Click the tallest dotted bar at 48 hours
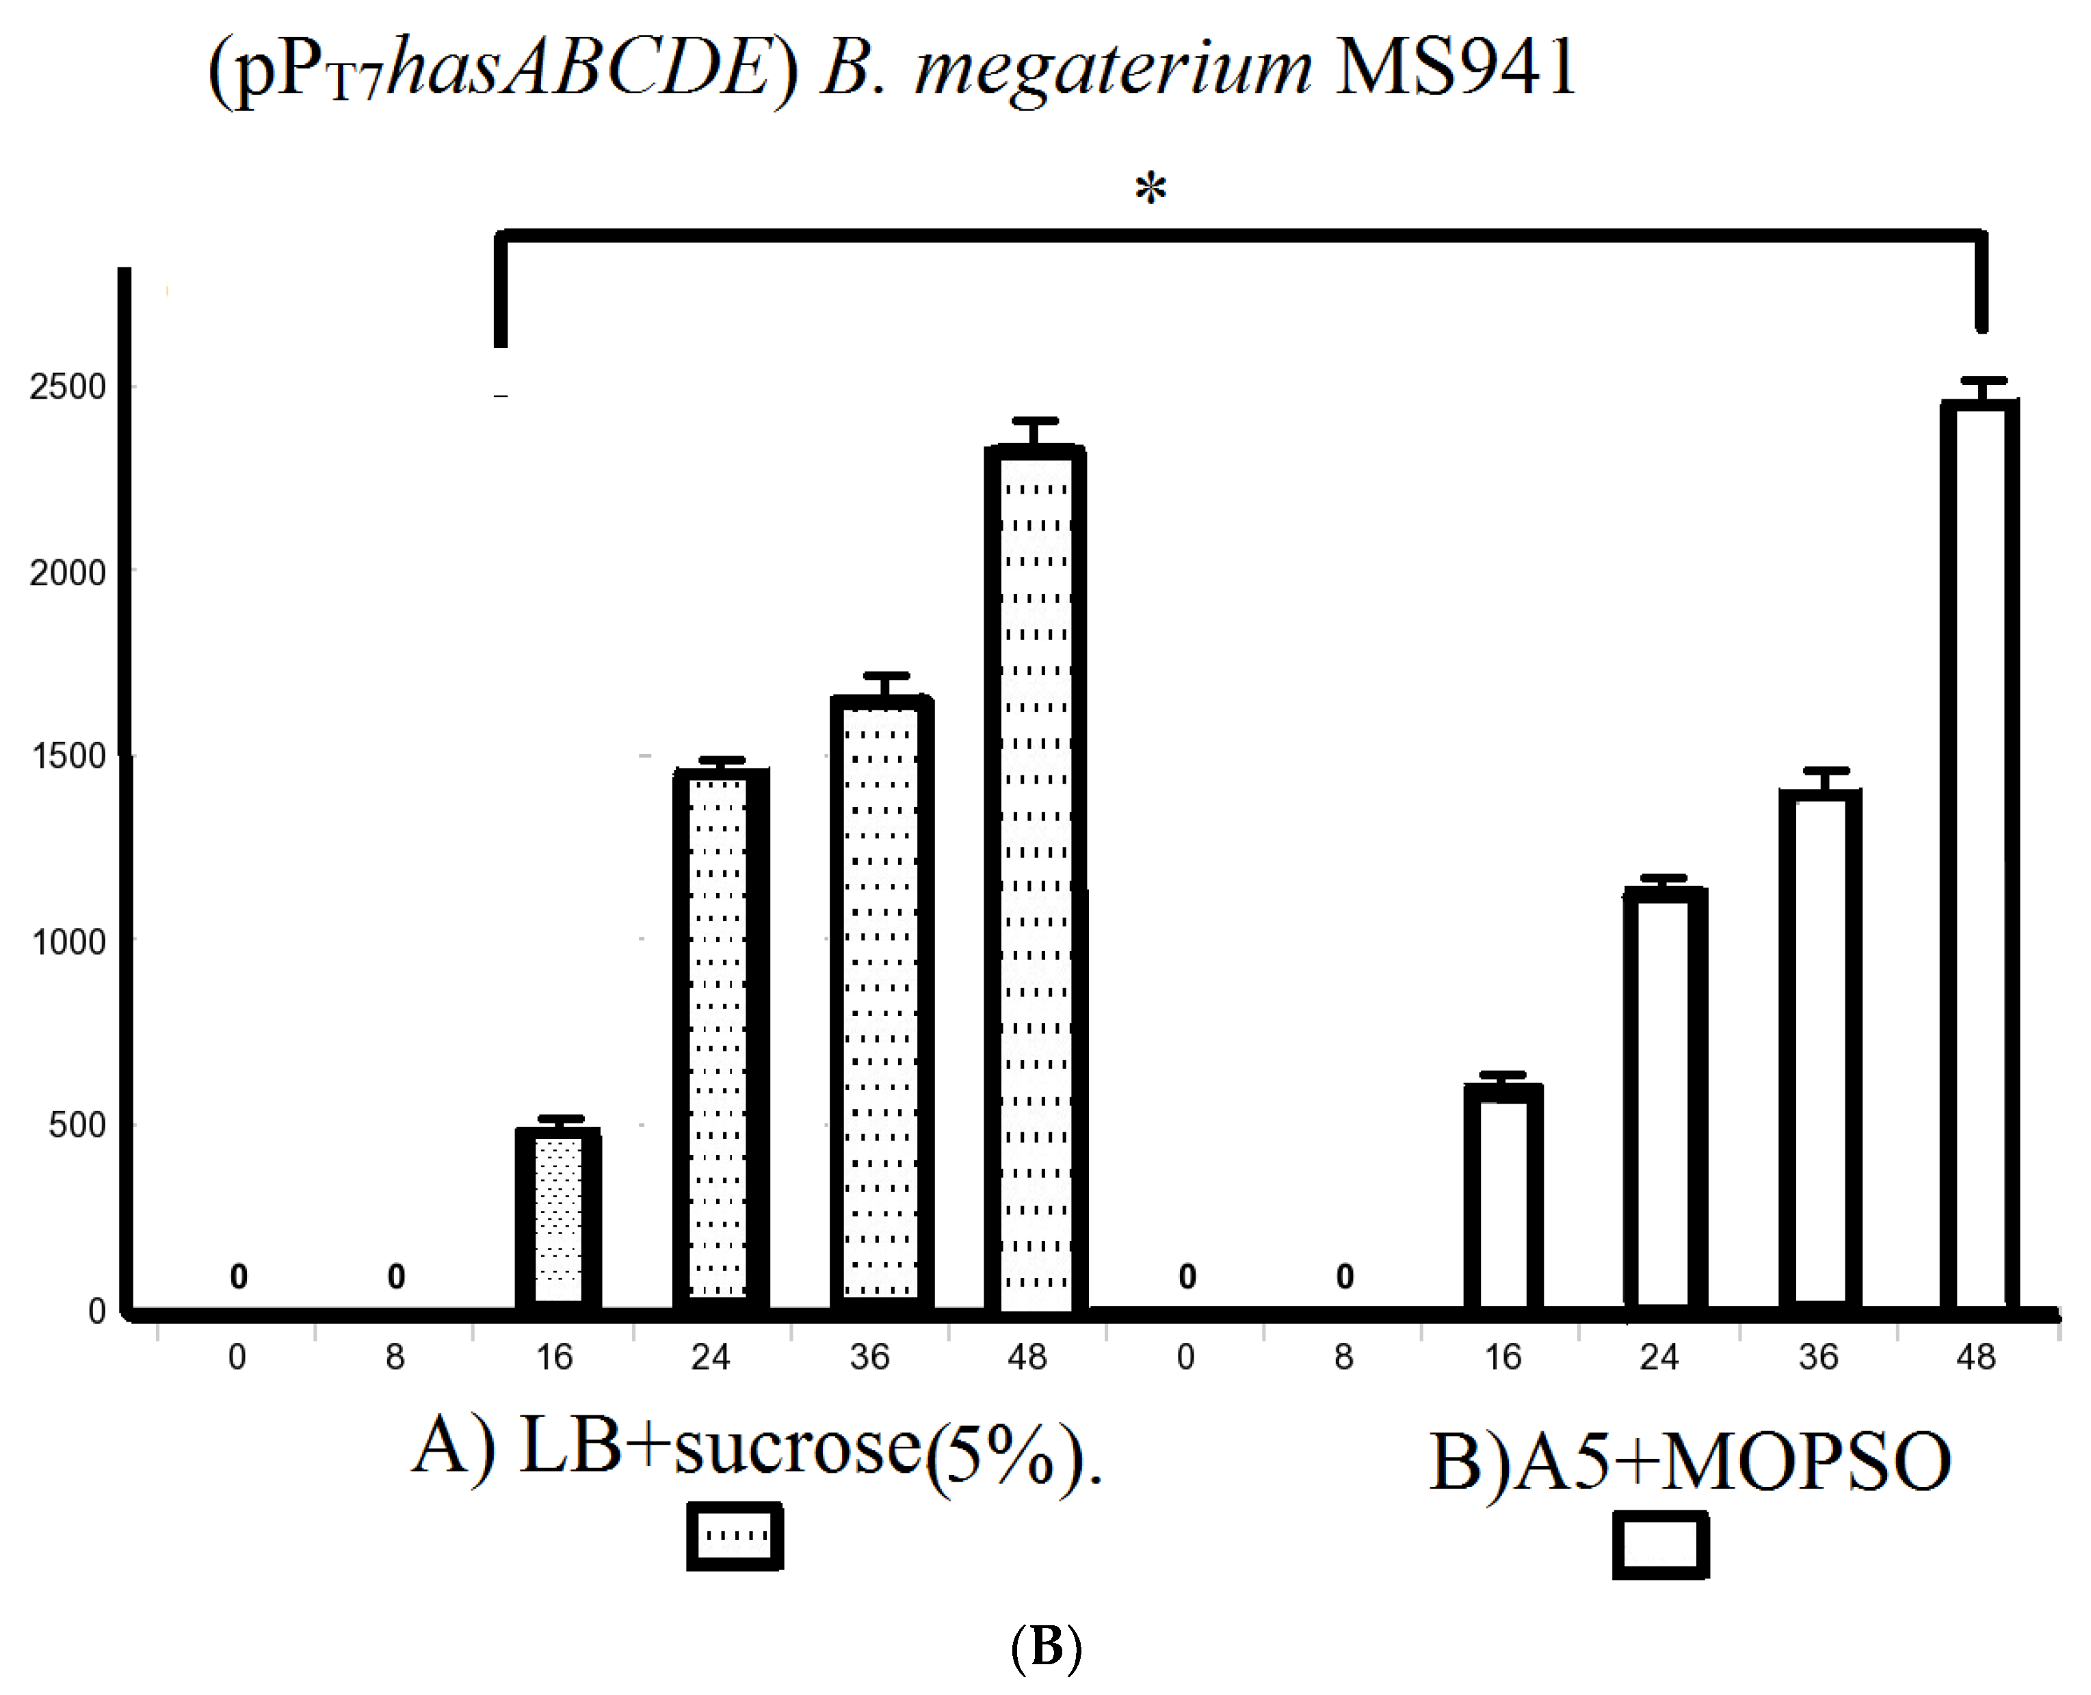pos(1036,879)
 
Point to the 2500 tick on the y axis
pos(68,388)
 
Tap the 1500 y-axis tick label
pos(68,757)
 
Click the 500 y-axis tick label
pos(76,1125)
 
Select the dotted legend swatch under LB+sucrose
pos(735,1536)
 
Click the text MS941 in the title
pos(1454,68)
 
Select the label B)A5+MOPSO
pos(1689,1463)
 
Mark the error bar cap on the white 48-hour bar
pos(1983,381)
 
